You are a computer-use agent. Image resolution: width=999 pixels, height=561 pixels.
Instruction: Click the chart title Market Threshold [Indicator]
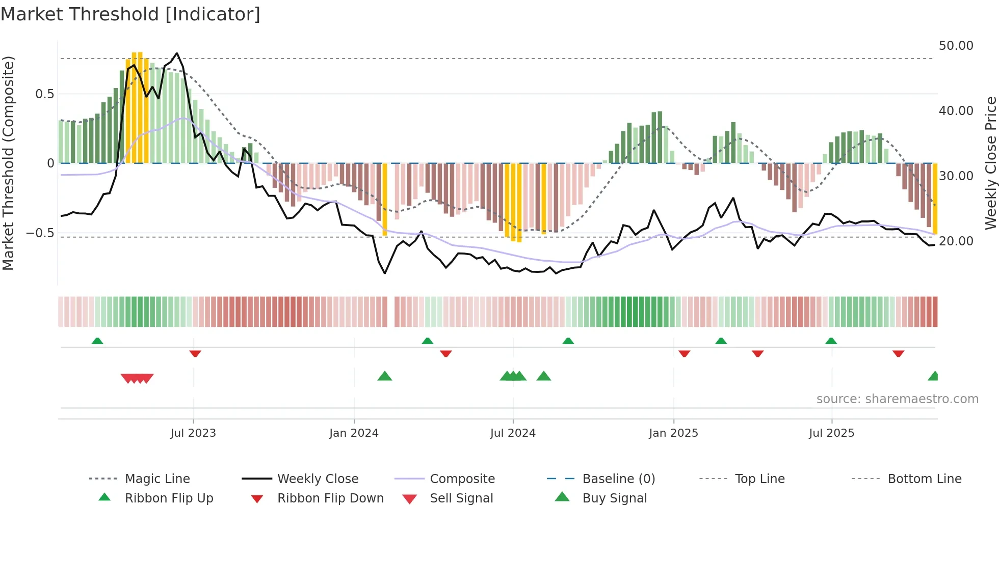130,14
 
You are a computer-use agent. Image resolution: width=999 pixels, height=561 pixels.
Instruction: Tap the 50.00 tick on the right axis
956,46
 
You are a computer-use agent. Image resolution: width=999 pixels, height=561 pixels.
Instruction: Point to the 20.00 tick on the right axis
956,241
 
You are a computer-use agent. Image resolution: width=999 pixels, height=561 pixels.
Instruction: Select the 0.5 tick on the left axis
44,94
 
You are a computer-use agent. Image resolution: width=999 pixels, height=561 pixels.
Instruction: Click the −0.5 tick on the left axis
40,233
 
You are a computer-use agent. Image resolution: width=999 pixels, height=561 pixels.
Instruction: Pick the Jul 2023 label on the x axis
193,433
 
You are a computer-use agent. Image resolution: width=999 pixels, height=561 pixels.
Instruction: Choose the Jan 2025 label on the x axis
673,433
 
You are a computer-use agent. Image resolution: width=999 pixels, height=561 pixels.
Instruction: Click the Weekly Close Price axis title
990,163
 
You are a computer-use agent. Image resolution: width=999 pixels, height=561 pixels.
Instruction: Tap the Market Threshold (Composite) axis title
8,163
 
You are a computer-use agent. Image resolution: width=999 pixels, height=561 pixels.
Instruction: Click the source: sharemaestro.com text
897,399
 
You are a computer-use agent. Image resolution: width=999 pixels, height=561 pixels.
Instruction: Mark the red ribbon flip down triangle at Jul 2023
195,353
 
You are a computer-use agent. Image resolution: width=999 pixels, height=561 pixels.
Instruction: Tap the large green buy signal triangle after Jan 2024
385,376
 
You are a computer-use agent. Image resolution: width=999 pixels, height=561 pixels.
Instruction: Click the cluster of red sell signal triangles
137,378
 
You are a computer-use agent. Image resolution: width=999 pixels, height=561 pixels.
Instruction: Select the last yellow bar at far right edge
935,199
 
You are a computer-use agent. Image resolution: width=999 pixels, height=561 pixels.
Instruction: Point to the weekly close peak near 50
177,53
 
